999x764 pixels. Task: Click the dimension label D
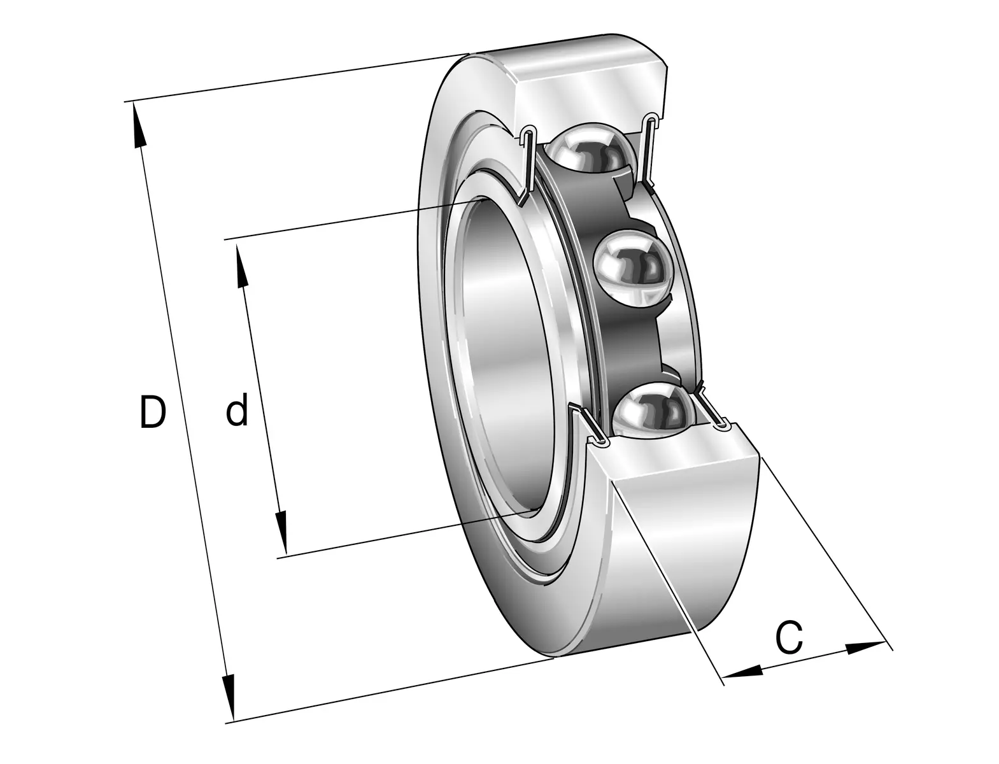(x=152, y=413)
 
